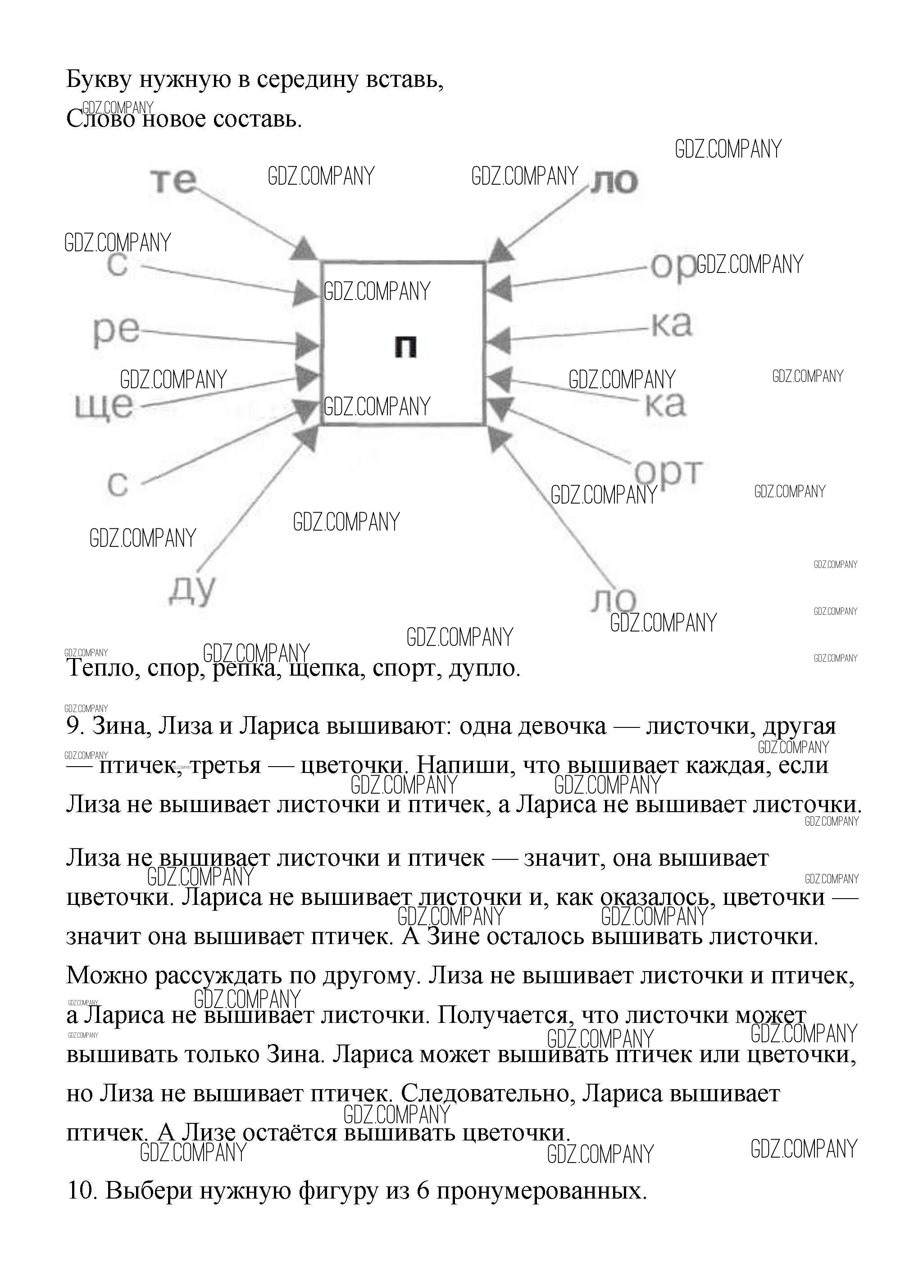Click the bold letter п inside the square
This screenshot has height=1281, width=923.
[x=405, y=346]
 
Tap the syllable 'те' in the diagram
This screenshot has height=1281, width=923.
[x=173, y=181]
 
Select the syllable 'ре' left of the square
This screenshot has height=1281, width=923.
[x=116, y=332]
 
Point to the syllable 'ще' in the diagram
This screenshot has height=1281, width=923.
[x=104, y=405]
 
